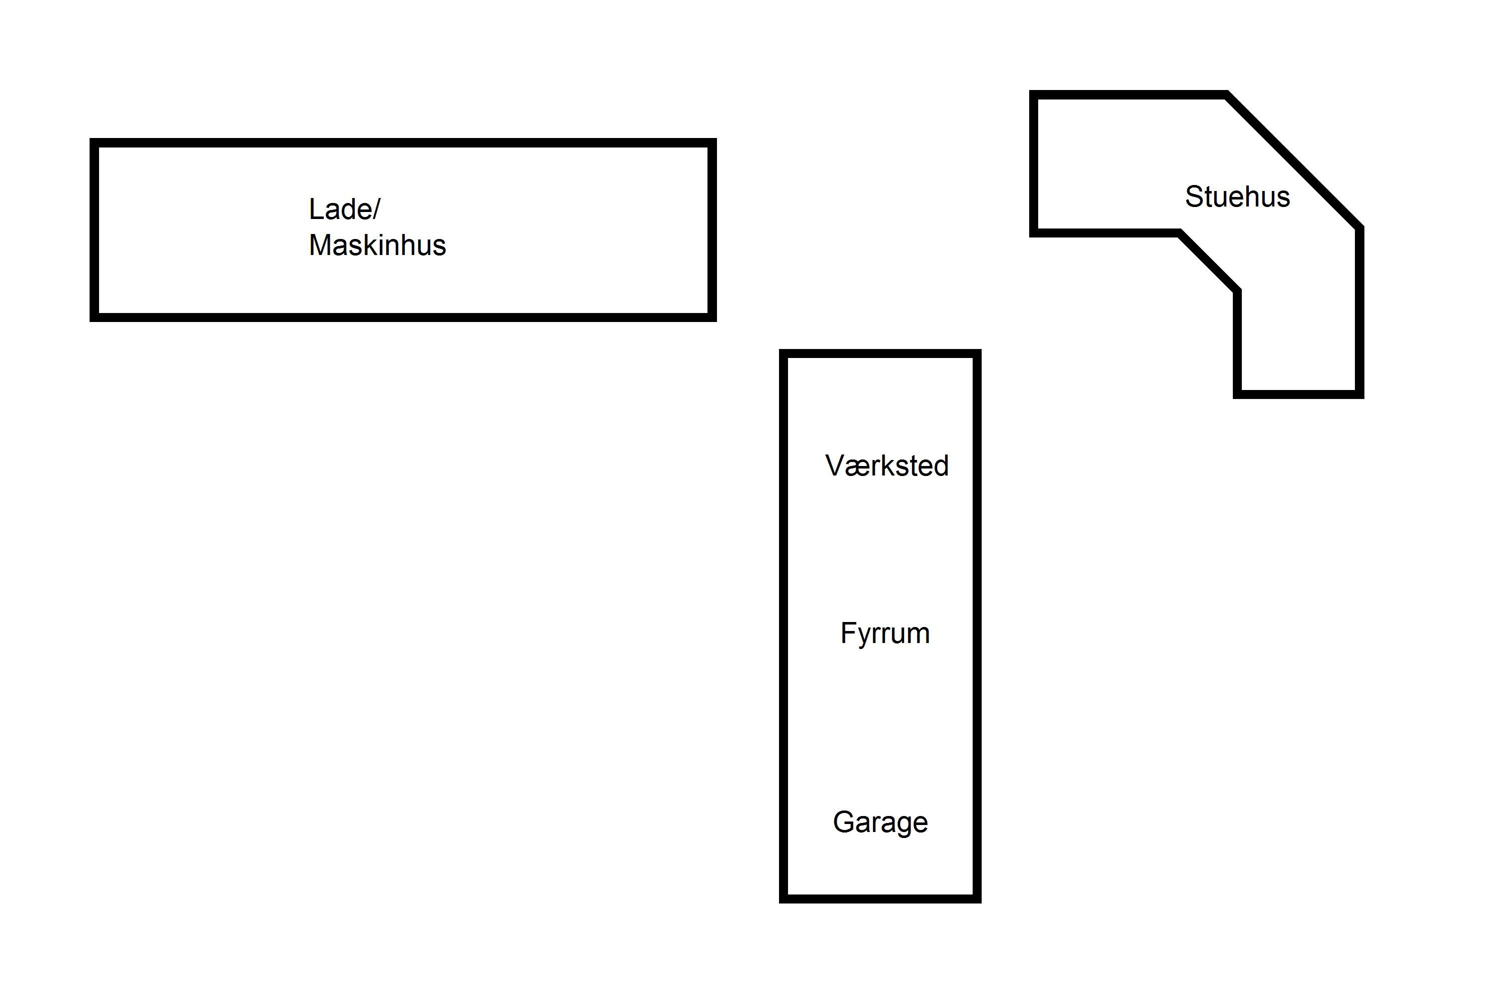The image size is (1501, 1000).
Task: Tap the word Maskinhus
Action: tap(377, 245)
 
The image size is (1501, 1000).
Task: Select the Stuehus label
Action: tap(1237, 196)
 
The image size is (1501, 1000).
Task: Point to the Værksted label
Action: tap(887, 465)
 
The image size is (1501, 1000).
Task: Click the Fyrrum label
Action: tap(885, 633)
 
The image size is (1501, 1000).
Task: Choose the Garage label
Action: tap(880, 822)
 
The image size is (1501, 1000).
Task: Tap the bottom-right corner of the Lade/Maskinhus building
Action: tap(712, 317)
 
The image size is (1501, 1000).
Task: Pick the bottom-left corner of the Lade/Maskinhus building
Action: tap(95, 317)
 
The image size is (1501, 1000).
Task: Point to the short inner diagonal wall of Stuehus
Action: tap(1208, 262)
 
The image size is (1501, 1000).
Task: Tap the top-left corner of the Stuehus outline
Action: tap(1034, 95)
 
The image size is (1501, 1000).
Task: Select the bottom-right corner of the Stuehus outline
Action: tap(1359, 394)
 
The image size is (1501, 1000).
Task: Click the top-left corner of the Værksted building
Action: tap(784, 354)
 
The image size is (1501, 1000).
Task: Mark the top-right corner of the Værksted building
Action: tap(977, 354)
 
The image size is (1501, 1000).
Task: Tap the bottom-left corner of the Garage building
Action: tap(784, 898)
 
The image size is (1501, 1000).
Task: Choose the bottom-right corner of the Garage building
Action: tap(977, 898)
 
